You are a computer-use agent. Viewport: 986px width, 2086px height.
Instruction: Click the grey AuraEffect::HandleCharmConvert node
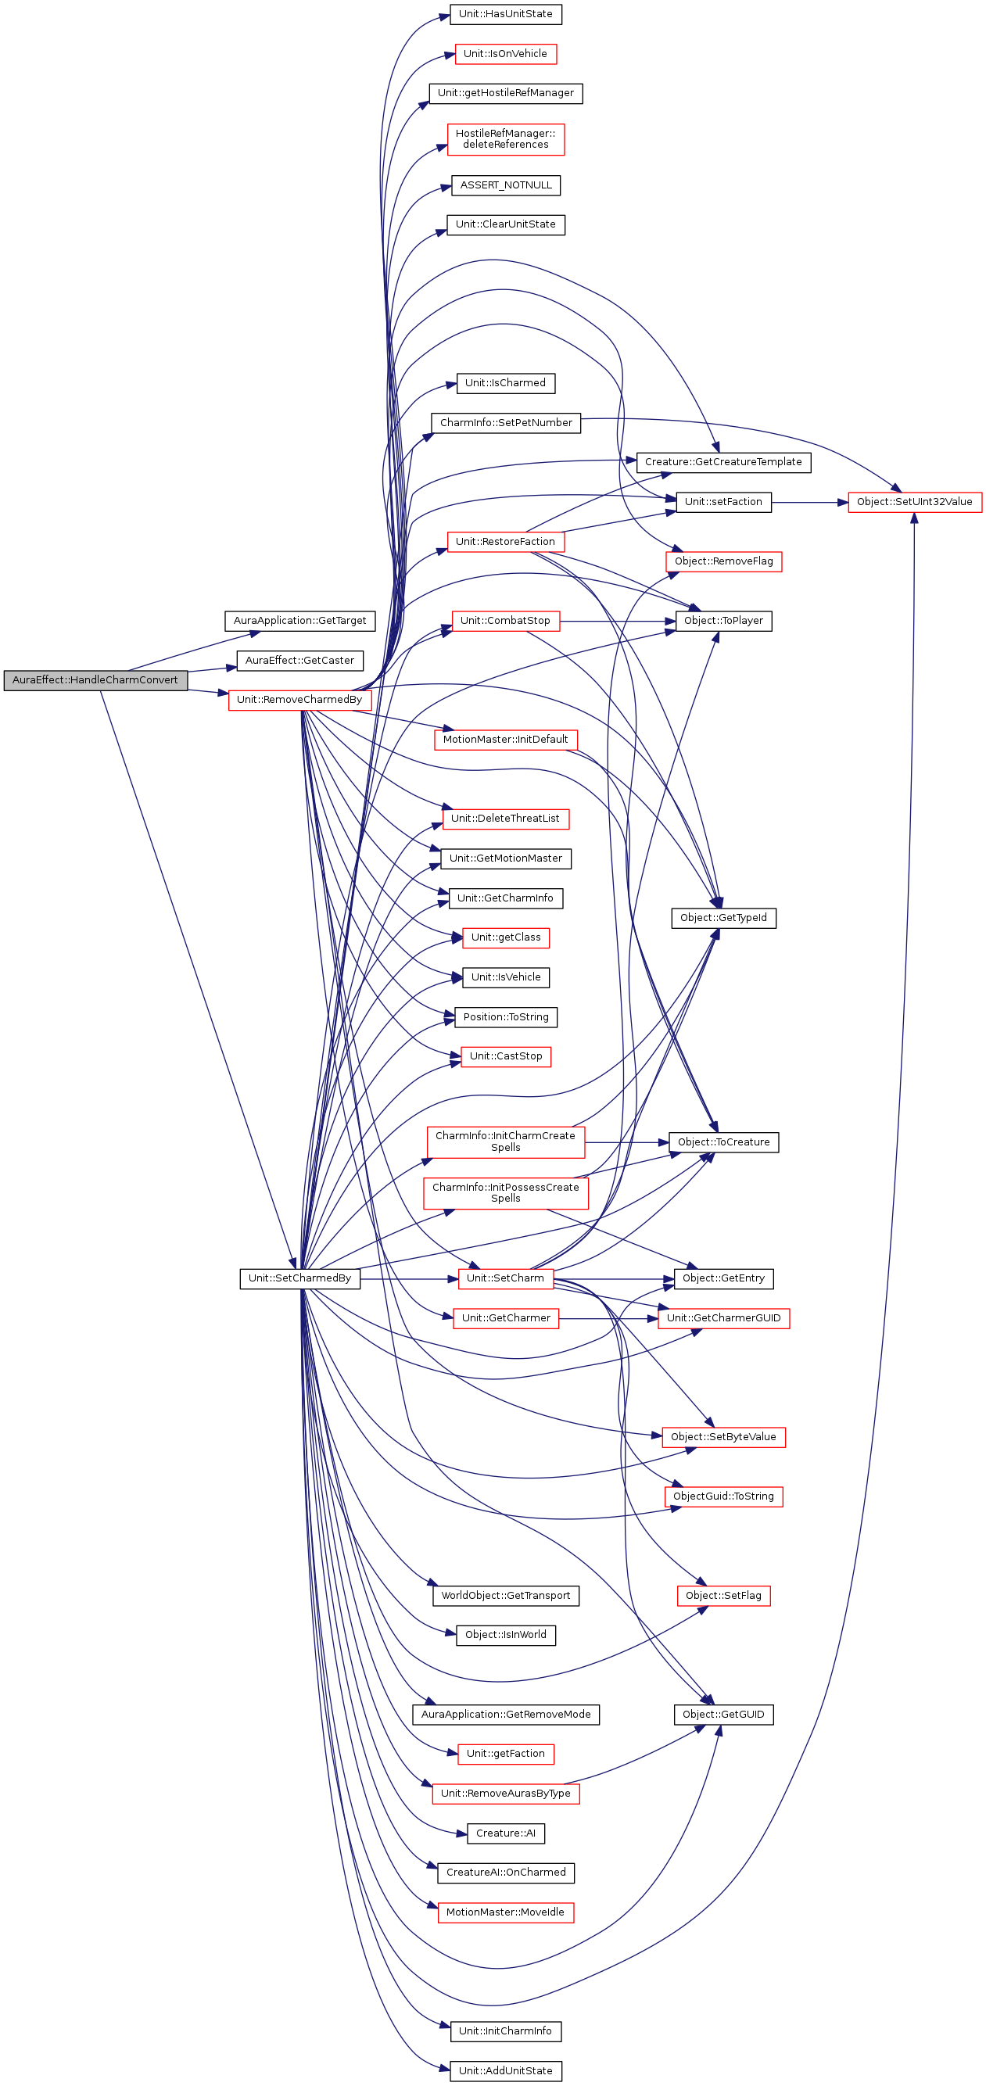coord(95,680)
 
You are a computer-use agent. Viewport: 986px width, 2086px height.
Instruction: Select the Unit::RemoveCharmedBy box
coord(299,700)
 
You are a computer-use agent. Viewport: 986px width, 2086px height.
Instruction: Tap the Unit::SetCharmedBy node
coord(299,1278)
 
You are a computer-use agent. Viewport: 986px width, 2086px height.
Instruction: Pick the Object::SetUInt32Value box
coord(914,502)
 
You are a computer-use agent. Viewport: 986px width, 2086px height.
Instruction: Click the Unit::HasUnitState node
coord(505,15)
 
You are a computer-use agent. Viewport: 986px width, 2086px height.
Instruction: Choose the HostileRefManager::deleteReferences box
coord(505,139)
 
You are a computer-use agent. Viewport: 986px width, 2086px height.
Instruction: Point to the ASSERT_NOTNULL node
coord(505,185)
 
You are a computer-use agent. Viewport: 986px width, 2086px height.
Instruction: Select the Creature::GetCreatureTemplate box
coord(723,462)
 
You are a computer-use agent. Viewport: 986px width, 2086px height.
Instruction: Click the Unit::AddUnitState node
coord(505,2070)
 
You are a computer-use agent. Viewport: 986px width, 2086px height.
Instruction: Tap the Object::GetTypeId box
coord(723,918)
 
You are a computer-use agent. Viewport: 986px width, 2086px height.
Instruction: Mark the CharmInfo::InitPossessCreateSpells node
coord(505,1193)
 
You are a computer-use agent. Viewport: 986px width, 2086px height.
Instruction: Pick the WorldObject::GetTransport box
coord(505,1595)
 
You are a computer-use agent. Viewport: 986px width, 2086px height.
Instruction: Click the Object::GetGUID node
coord(723,1715)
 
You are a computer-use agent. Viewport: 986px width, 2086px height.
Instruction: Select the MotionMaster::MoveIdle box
coord(505,1912)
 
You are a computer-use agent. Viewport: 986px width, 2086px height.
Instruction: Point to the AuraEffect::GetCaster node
coord(299,661)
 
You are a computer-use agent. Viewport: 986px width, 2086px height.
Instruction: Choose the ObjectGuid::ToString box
coord(723,1496)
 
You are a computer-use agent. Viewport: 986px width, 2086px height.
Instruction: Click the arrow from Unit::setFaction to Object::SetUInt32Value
coord(809,503)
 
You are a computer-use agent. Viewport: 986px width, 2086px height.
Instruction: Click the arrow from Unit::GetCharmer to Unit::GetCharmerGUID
coord(607,1319)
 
